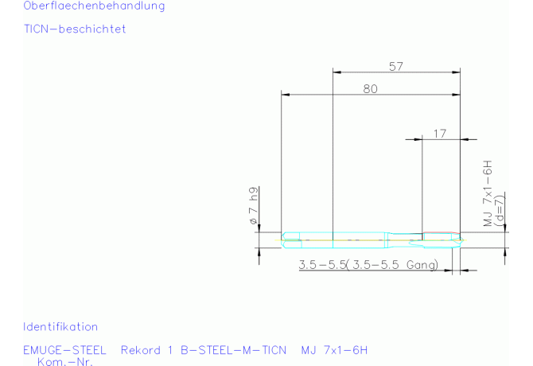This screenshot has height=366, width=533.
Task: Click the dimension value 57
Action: pos(396,66)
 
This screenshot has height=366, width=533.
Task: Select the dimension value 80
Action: pos(370,89)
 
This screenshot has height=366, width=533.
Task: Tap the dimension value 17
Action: pos(439,134)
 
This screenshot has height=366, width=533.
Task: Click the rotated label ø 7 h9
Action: pos(254,205)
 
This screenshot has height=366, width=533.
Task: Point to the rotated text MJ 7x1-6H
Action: pos(488,193)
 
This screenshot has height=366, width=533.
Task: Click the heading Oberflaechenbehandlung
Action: pos(94,6)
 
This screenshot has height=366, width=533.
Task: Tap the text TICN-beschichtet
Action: pos(75,29)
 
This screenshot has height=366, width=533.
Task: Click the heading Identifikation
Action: pos(60,327)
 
